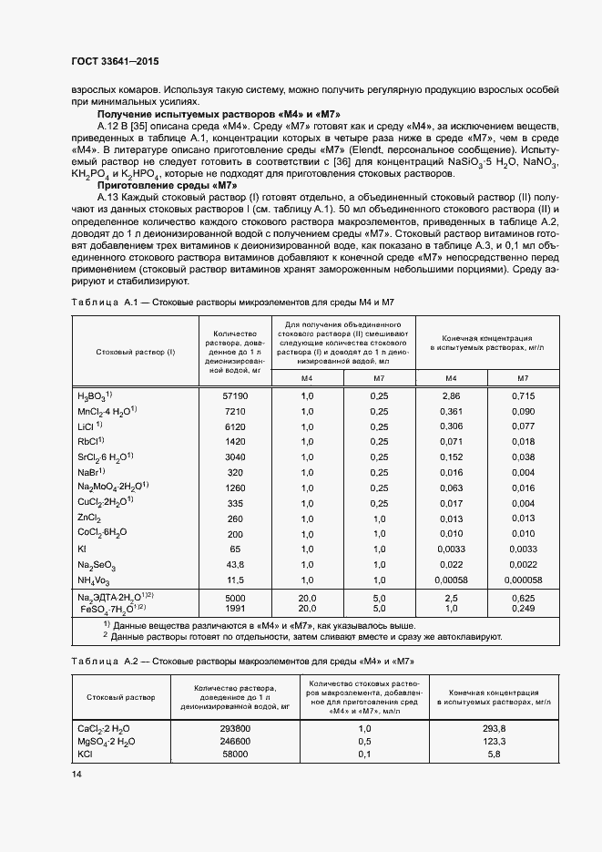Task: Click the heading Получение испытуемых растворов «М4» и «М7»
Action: point(219,114)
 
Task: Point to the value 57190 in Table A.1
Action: point(235,396)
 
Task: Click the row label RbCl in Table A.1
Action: point(92,441)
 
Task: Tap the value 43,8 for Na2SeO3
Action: point(236,564)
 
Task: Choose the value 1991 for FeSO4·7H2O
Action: point(235,608)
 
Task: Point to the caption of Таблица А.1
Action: point(233,302)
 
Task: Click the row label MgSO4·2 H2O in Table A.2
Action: point(107,744)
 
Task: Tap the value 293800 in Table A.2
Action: point(235,730)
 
